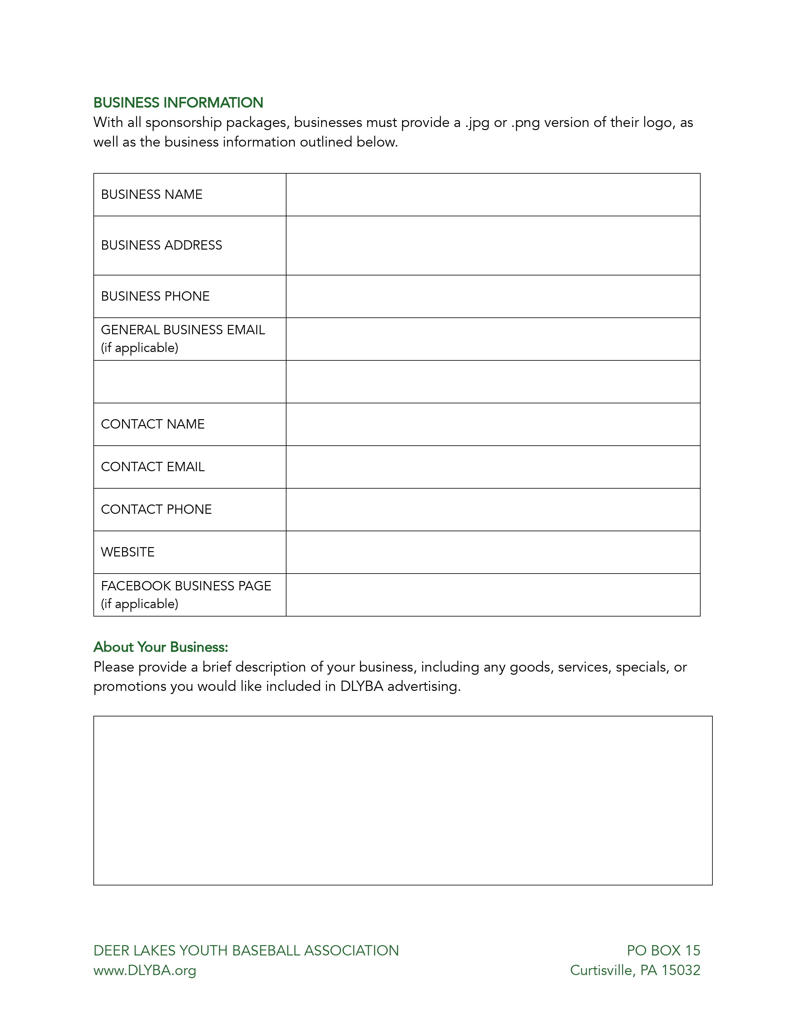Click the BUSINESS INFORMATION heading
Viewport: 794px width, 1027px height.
[x=178, y=102]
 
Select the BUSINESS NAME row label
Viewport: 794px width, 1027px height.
[x=151, y=194]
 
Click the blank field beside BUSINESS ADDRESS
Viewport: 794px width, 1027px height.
[x=493, y=246]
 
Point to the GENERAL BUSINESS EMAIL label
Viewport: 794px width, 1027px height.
[x=183, y=330]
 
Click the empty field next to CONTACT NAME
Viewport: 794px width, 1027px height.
[x=493, y=424]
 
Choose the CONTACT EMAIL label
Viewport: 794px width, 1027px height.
[x=153, y=467]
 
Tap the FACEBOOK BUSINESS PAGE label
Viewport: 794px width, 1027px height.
[x=186, y=586]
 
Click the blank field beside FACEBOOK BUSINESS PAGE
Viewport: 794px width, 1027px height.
[x=493, y=594]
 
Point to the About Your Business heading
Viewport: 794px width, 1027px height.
[x=160, y=647]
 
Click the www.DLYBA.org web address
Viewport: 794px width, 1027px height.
[x=145, y=970]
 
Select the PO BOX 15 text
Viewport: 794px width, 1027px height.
[x=663, y=950]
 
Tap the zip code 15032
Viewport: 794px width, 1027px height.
[x=681, y=970]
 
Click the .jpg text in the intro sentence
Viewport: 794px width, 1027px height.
[x=477, y=123]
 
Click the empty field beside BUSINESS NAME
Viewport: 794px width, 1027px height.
[x=493, y=195]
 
